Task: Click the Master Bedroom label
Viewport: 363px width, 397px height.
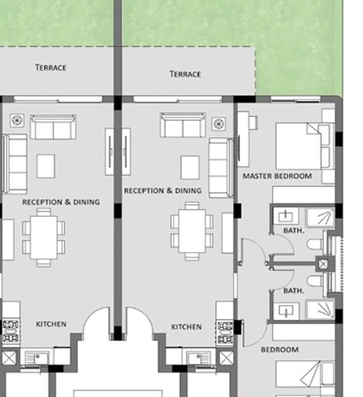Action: [277, 176]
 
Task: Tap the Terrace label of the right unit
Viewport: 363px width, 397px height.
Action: [186, 74]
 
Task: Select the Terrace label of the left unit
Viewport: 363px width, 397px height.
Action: [51, 68]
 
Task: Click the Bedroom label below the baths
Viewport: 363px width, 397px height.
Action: [280, 349]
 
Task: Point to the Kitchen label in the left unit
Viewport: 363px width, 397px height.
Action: [51, 324]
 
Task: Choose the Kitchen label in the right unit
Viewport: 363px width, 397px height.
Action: [187, 327]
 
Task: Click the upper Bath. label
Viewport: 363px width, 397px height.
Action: [294, 231]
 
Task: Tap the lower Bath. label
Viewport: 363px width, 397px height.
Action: [294, 291]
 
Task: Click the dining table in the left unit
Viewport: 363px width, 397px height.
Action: [44, 237]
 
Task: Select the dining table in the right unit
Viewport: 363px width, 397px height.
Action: [192, 231]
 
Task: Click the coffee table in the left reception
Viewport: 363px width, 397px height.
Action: [46, 166]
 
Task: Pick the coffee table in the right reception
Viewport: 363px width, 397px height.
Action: [190, 167]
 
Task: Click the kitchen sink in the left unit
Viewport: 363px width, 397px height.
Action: [37, 358]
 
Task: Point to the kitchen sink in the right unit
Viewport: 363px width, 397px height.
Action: [199, 358]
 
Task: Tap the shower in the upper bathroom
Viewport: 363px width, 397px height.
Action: [320, 217]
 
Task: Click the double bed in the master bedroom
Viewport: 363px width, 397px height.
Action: [305, 146]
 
